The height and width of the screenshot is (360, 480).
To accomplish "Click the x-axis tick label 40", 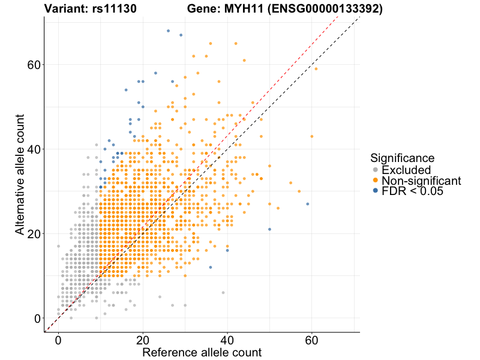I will point(227,340).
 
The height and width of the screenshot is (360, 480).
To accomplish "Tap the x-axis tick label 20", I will point(143,340).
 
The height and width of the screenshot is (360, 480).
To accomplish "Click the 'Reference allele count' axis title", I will point(202,352).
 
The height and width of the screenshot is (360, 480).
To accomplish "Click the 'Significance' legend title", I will point(402,158).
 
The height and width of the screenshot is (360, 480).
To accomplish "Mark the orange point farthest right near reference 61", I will point(316,69).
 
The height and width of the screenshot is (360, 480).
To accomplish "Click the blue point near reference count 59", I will point(308,204).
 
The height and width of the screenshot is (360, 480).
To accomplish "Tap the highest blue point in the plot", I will point(168,31).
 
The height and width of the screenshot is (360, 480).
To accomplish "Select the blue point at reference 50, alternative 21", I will point(270,229).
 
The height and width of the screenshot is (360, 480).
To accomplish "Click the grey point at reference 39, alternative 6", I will point(223,293).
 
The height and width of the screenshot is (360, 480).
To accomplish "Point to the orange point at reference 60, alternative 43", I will point(312,136).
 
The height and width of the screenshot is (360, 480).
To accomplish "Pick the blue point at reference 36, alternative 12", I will point(211,267).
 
